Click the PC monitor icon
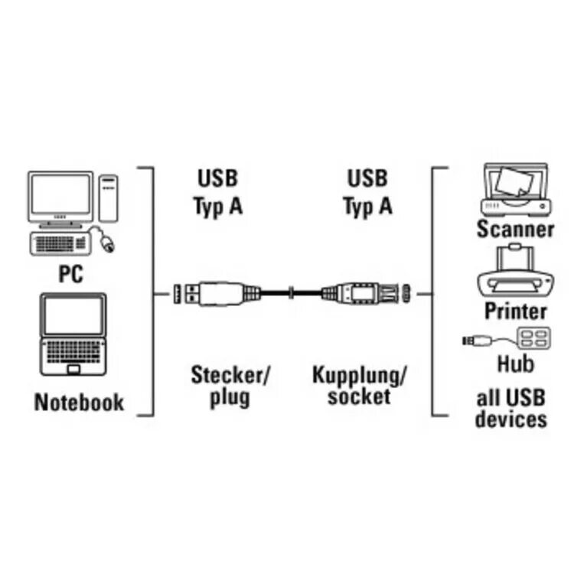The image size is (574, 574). click(x=60, y=197)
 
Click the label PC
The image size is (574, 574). click(x=70, y=273)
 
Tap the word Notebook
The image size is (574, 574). click(x=79, y=403)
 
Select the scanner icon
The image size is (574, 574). click(x=514, y=188)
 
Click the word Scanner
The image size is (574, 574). click(x=515, y=228)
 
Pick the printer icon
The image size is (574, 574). click(x=516, y=272)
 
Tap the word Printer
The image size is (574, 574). click(x=516, y=311)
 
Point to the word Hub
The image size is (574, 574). click(x=516, y=362)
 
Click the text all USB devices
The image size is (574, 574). click(x=511, y=408)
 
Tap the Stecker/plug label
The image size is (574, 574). click(x=230, y=386)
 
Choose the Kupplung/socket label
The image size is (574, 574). click(x=359, y=385)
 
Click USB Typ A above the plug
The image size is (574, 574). click(x=217, y=193)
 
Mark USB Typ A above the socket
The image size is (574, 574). click(x=367, y=193)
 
